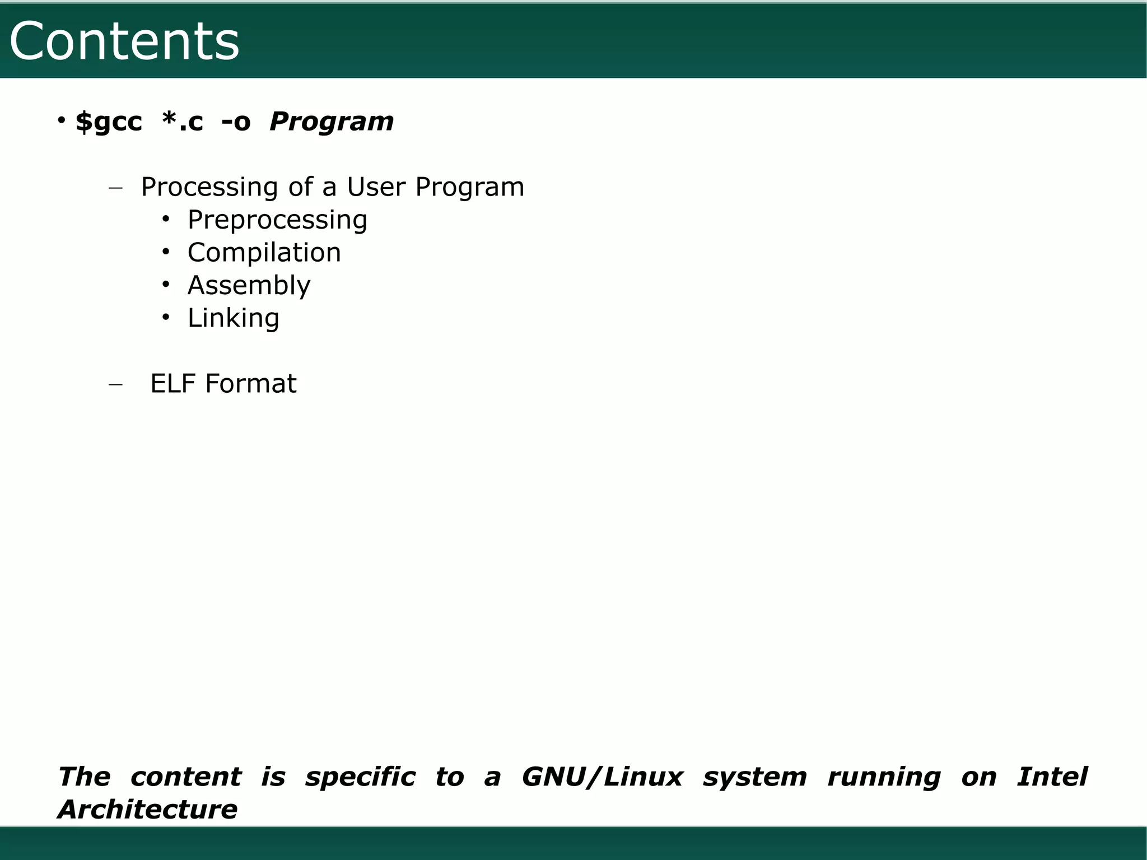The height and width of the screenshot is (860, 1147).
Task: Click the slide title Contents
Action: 124,41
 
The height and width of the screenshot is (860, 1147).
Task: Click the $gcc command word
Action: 109,122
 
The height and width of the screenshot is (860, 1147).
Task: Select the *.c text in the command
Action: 183,122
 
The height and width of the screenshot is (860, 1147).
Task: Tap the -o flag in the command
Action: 236,122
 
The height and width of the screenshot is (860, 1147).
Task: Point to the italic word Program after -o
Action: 332,122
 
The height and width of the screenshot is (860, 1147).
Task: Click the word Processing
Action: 209,187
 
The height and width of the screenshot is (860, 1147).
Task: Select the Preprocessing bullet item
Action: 277,220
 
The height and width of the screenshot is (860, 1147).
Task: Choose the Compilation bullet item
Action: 264,253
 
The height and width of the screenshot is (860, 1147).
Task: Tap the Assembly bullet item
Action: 249,285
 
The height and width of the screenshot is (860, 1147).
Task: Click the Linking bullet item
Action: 233,318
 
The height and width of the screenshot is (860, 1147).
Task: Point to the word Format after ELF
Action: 251,384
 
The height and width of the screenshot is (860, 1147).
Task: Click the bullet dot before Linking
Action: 165,317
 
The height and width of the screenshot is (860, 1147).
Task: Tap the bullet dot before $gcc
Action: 62,120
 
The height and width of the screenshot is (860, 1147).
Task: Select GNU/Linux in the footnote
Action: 602,777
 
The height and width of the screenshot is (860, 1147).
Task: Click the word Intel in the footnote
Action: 1052,777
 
